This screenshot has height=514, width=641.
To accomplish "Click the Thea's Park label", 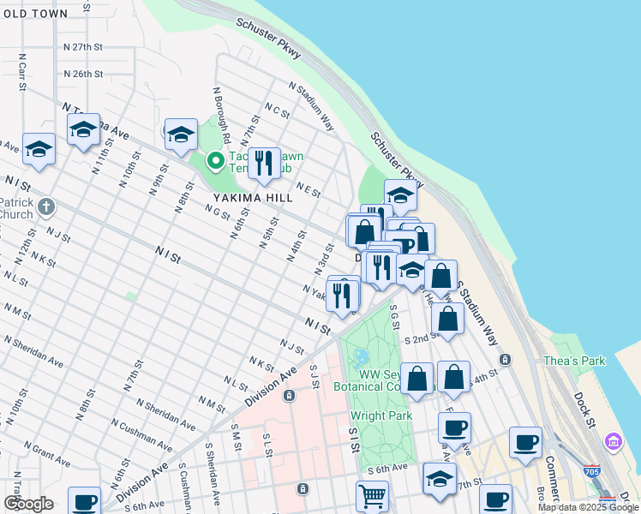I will [x=573, y=361].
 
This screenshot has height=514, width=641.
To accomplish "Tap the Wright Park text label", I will [x=381, y=416].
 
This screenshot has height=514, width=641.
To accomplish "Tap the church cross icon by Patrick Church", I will [x=47, y=206].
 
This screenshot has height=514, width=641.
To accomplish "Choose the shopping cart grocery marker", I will [x=372, y=495].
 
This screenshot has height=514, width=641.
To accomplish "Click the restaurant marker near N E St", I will [x=264, y=162].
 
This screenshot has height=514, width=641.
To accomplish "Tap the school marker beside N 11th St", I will [x=82, y=131].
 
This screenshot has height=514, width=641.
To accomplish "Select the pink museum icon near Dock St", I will [x=613, y=442].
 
